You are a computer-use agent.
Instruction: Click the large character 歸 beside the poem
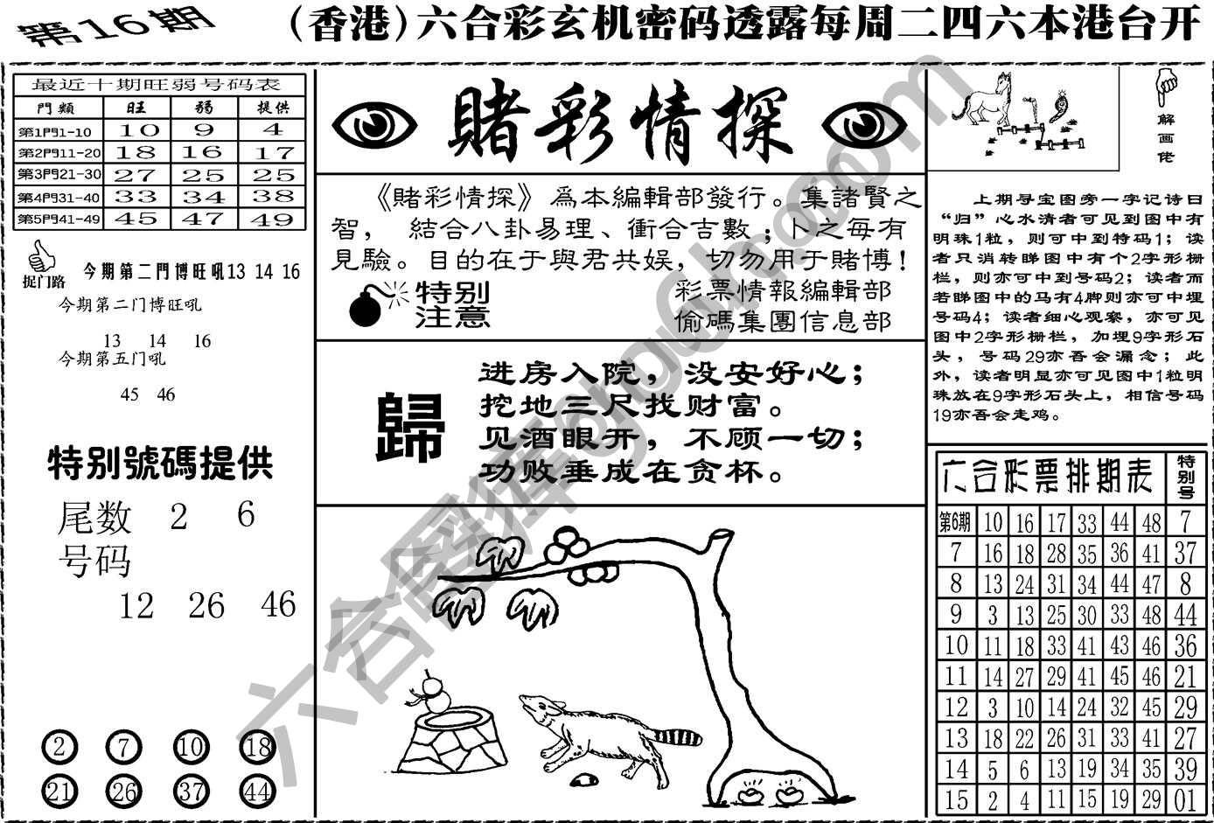pyautogui.click(x=409, y=427)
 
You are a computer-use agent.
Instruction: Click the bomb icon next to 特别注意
pyautogui.click(x=367, y=305)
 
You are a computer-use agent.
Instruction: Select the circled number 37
pyautogui.click(x=190, y=792)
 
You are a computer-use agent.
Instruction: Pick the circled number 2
pyautogui.click(x=59, y=749)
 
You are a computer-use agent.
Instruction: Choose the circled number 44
pyautogui.click(x=257, y=792)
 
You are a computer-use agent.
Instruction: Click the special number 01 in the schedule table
pyautogui.click(x=1185, y=799)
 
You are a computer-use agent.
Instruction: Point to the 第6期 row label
pyautogui.click(x=955, y=523)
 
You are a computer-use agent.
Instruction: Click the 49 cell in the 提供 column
pyautogui.click(x=273, y=219)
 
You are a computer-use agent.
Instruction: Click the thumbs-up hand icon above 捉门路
pyautogui.click(x=38, y=256)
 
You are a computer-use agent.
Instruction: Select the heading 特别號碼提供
pyautogui.click(x=160, y=464)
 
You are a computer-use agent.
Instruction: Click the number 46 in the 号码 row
pyautogui.click(x=278, y=604)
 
